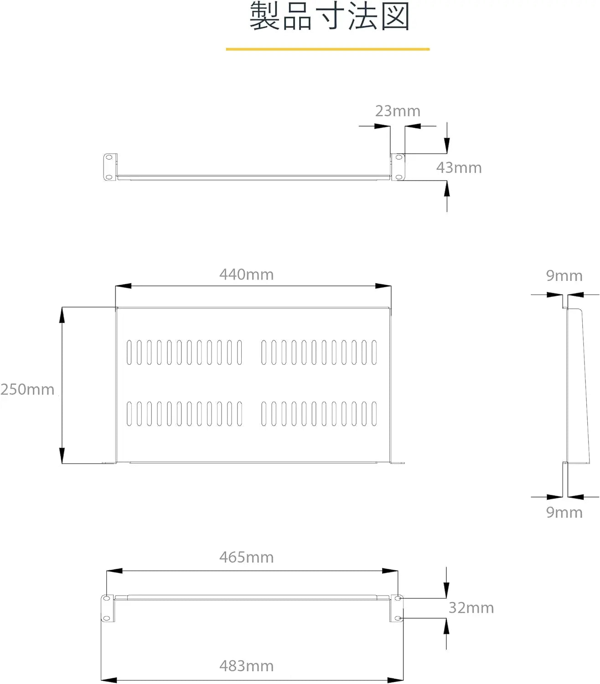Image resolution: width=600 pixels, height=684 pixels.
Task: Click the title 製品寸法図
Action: (330, 16)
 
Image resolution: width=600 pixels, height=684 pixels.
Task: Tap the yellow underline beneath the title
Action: (327, 49)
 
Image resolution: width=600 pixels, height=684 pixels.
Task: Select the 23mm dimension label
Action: (398, 111)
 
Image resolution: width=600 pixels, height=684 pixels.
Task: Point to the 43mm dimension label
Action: (459, 168)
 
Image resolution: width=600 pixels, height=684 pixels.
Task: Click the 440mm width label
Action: (247, 275)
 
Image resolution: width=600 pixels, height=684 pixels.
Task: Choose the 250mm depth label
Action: (27, 389)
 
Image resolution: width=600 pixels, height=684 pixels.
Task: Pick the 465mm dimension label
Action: (247, 557)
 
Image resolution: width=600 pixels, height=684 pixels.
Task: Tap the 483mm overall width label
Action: (247, 666)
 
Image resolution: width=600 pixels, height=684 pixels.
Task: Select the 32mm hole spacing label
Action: (471, 608)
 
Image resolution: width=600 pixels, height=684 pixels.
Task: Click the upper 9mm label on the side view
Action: (564, 276)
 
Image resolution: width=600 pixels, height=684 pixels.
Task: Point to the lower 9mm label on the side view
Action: (564, 513)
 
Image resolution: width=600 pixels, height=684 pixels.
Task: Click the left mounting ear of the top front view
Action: (110, 167)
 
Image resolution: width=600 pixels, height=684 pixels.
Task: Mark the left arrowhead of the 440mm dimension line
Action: (123, 286)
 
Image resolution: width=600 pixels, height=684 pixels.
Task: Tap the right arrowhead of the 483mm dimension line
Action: (395, 680)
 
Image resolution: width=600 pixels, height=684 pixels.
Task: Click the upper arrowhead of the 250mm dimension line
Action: (62, 315)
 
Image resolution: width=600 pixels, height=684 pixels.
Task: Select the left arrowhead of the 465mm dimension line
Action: (114, 570)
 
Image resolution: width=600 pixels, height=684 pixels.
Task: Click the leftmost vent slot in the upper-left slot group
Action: (129, 352)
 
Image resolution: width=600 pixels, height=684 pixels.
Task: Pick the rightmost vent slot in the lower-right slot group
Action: (374, 414)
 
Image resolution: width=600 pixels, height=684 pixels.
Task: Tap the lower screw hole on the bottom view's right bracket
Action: (398, 618)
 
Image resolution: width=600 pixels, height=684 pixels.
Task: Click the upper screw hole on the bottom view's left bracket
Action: (106, 598)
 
